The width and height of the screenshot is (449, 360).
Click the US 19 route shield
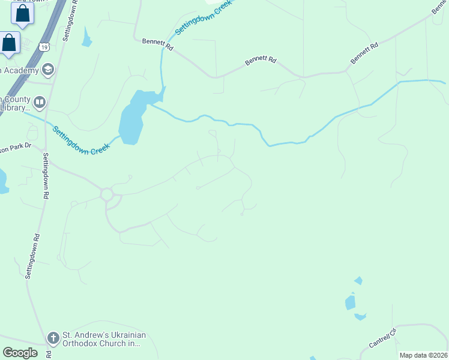pos(44,46)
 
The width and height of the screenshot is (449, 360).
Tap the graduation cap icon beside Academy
pos(48,71)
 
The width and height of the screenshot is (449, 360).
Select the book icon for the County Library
pos(40,103)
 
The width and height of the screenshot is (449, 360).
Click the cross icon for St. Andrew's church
pos(53,338)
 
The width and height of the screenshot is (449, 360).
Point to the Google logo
pos(20,352)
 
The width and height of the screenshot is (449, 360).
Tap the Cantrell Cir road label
pos(384,340)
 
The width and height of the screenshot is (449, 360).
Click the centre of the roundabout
pos(107,194)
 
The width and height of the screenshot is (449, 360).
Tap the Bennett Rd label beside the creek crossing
pos(158,44)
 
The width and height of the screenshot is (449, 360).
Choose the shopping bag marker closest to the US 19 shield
pos(10,44)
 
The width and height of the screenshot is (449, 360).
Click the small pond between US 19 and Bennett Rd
pos(88,38)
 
